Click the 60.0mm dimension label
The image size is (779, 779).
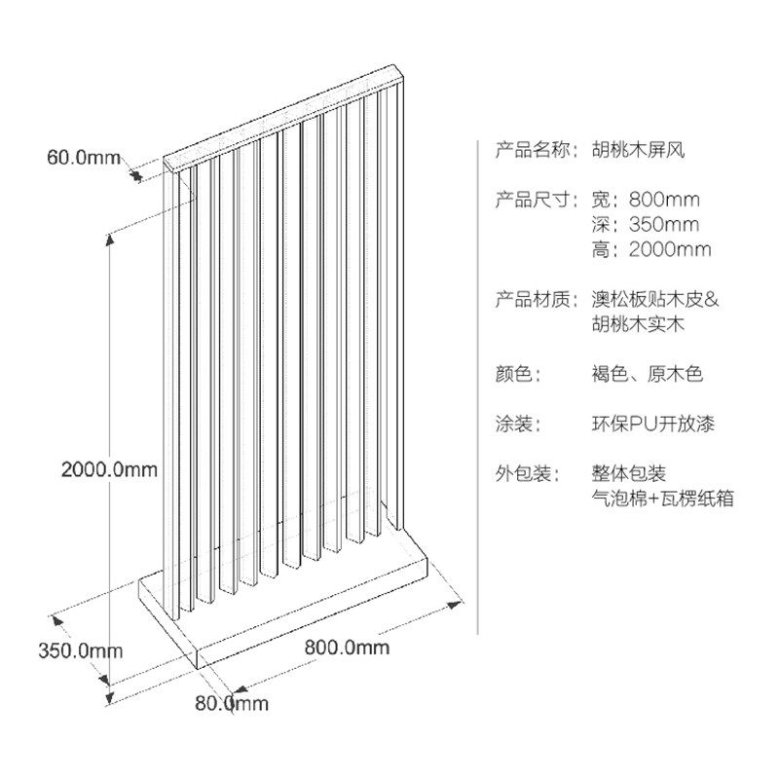pyautogui.click(x=84, y=158)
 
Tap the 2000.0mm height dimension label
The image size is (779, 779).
pyautogui.click(x=109, y=469)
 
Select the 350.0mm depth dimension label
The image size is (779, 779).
pyautogui.click(x=81, y=650)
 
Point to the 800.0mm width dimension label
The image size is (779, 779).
pyautogui.click(x=347, y=648)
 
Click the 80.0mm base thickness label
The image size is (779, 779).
pyautogui.click(x=232, y=703)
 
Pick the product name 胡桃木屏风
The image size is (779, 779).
pyautogui.click(x=638, y=150)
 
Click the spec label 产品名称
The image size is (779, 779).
pyautogui.click(x=532, y=150)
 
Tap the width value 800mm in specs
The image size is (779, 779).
pyautogui.click(x=664, y=200)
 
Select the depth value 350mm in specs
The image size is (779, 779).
pyautogui.click(x=664, y=225)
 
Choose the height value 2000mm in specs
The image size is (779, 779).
pyautogui.click(x=670, y=249)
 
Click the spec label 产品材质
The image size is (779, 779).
pyautogui.click(x=532, y=300)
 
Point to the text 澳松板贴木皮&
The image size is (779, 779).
pyautogui.click(x=655, y=300)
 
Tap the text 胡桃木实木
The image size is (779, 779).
pyautogui.click(x=638, y=324)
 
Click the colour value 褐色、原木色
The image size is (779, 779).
pyautogui.click(x=648, y=374)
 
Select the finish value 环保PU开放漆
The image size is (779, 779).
pyautogui.click(x=653, y=425)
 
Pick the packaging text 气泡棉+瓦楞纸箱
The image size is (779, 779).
pyautogui.click(x=663, y=499)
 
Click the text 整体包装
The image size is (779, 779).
pyautogui.click(x=628, y=474)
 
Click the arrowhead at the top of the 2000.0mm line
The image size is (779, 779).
pyautogui.click(x=110, y=239)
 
